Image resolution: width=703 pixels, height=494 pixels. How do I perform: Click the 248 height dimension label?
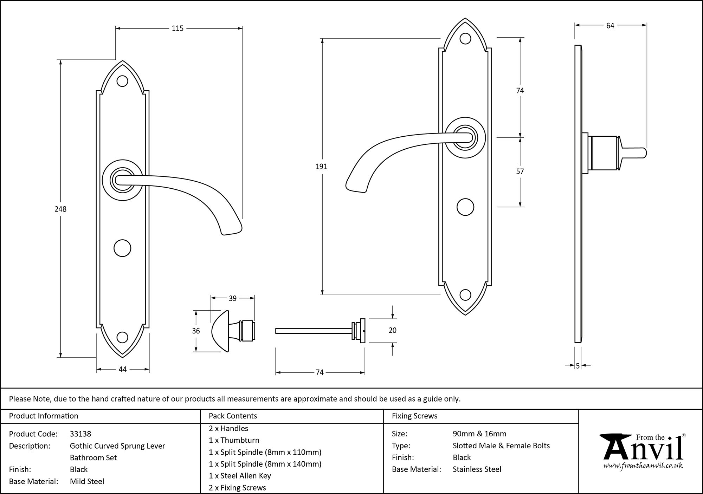coord(60,209)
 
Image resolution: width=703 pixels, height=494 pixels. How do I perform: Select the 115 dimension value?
coord(178,28)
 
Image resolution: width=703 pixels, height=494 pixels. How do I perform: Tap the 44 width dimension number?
coord(122,369)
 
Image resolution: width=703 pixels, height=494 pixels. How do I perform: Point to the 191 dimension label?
coord(321,167)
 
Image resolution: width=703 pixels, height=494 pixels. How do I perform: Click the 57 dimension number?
coord(520,171)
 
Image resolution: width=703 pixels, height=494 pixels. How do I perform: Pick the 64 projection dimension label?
coord(610,26)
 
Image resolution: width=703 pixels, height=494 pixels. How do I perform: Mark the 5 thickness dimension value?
coord(578,366)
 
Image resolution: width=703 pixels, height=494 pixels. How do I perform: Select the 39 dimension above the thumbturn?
coord(232,298)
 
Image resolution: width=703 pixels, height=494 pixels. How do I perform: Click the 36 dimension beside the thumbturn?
coord(196,331)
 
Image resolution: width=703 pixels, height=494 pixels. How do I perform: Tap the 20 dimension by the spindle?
coord(392,330)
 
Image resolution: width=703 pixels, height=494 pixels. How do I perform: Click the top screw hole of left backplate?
coord(122,81)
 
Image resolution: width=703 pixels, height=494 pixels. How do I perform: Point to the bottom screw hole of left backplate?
coord(122,337)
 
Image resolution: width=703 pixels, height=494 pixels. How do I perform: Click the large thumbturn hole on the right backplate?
coord(465,207)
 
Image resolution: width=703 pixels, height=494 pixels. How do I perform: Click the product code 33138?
coord(80,434)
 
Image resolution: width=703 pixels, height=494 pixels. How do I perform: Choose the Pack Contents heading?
coord(233,416)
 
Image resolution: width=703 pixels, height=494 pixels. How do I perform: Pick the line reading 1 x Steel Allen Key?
coord(240,476)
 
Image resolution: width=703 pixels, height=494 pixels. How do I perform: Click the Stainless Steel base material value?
coord(477,469)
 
